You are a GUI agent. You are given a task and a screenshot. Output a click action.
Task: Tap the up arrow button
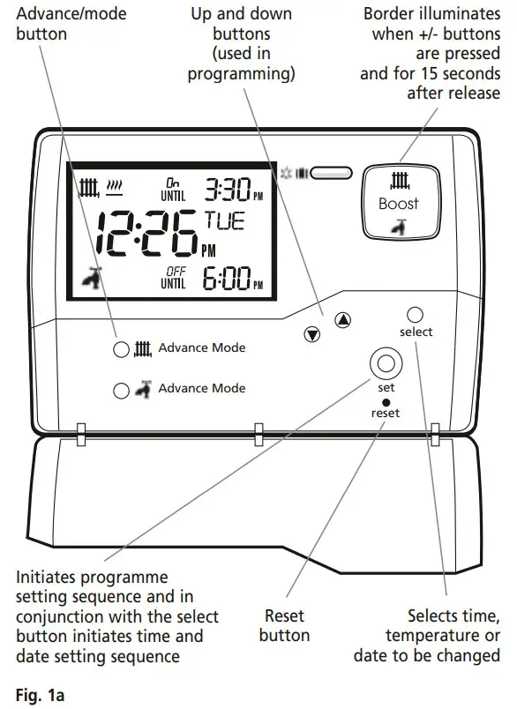[x=344, y=321]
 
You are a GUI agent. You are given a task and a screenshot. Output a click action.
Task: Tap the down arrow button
[x=311, y=334]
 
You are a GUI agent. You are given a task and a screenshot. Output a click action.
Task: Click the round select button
[x=416, y=314]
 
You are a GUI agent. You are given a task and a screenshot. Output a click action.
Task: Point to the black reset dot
[x=386, y=402]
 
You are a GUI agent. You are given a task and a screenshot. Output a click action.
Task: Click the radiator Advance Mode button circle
[x=122, y=349]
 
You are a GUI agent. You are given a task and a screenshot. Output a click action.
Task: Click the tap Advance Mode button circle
[x=122, y=389]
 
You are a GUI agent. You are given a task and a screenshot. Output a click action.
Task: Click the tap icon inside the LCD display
[x=87, y=280]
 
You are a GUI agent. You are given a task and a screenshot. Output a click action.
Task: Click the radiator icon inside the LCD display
[x=88, y=187]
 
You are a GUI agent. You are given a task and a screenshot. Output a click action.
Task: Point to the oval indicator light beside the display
[x=331, y=174]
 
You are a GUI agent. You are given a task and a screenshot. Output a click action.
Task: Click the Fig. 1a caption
[x=38, y=693]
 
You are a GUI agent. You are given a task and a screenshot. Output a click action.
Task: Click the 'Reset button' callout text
[x=284, y=625]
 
